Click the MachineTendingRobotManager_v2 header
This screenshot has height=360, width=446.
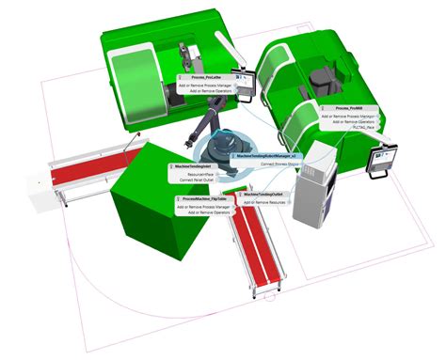[x=268, y=156]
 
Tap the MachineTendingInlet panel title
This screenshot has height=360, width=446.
[x=192, y=166]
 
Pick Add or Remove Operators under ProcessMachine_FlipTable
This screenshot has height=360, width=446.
[x=205, y=213]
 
